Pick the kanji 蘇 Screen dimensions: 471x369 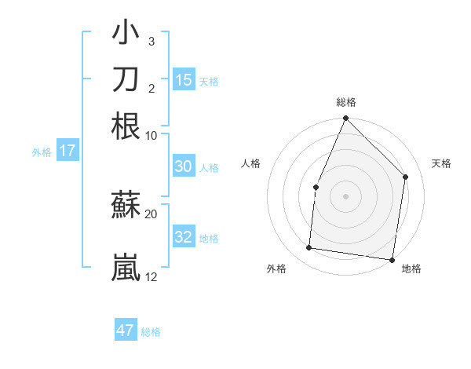pyautogui.click(x=126, y=206)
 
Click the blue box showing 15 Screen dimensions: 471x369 pyautogui.click(x=184, y=80)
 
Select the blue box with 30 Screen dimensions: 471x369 pyautogui.click(x=183, y=166)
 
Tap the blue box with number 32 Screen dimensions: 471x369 pyautogui.click(x=183, y=237)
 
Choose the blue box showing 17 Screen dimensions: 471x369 pyautogui.click(x=67, y=151)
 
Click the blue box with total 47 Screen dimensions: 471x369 pyautogui.click(x=126, y=330)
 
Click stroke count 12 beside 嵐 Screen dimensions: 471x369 pyautogui.click(x=152, y=276)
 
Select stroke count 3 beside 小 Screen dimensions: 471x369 pyautogui.click(x=152, y=41)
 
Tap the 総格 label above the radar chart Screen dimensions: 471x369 pyautogui.click(x=345, y=102)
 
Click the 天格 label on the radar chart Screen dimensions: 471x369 pyautogui.click(x=441, y=163)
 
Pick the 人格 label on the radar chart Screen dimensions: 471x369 pyautogui.click(x=250, y=163)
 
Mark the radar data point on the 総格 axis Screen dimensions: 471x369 pyautogui.click(x=345, y=119)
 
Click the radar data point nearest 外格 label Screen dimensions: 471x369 pyautogui.click(x=309, y=248)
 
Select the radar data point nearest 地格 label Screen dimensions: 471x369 pyautogui.click(x=392, y=259)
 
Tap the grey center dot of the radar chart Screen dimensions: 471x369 pyautogui.click(x=345, y=195)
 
